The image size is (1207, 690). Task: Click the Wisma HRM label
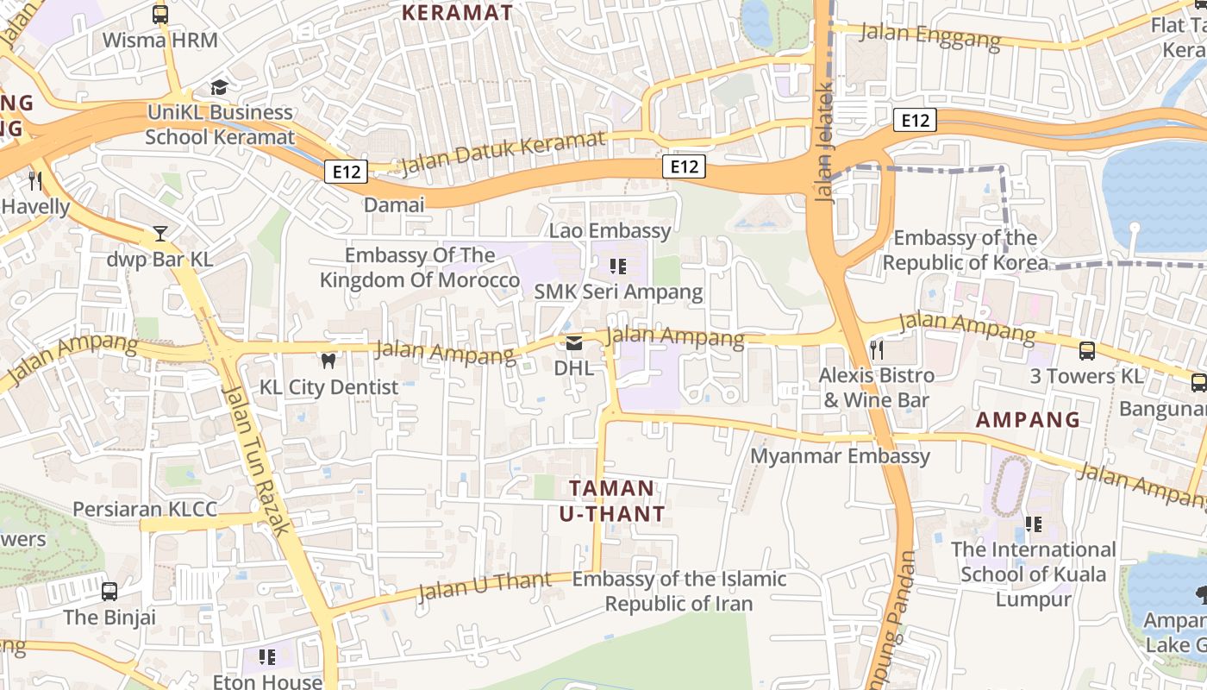[x=160, y=41]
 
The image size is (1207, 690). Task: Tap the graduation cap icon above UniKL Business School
[x=219, y=88]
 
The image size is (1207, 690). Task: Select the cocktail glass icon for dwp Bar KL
[x=160, y=234]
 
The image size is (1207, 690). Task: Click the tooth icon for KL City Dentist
[x=328, y=361]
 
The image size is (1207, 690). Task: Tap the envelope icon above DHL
[x=573, y=343]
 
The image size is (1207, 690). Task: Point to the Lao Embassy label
[x=610, y=230]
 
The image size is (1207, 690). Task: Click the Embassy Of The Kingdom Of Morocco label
[x=420, y=267]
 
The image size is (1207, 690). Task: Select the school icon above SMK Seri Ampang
[x=617, y=266]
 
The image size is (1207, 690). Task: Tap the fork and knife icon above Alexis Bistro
[x=877, y=349]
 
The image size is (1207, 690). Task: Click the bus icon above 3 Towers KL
[x=1087, y=351]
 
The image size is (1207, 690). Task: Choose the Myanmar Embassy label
[x=841, y=455]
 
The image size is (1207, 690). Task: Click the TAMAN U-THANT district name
[x=612, y=501]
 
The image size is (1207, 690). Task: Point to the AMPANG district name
[x=1028, y=420]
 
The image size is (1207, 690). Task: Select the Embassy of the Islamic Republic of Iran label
[x=679, y=591]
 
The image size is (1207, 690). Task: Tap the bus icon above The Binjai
[x=109, y=592]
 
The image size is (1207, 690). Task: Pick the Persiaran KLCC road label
[x=145, y=509]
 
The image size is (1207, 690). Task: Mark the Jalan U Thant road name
[x=484, y=587]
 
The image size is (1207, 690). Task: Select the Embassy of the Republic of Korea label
[x=966, y=250]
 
